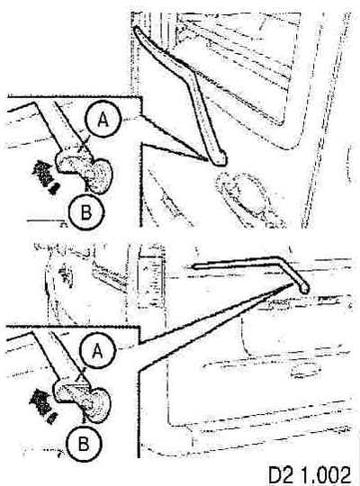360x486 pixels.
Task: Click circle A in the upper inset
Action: [x=103, y=121]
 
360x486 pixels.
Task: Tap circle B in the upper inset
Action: [x=86, y=212]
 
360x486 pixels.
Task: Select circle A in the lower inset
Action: [x=98, y=351]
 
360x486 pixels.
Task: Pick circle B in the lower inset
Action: [x=84, y=444]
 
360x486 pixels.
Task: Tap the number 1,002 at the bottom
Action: [x=325, y=474]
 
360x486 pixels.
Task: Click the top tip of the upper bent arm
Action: [x=136, y=28]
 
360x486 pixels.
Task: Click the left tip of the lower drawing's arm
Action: [x=194, y=265]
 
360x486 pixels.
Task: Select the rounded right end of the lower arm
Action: [x=304, y=289]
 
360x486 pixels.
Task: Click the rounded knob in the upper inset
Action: [x=100, y=176]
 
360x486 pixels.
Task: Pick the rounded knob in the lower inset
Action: [x=99, y=405]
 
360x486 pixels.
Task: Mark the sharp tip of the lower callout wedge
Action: [x=292, y=283]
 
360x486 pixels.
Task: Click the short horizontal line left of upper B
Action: [x=46, y=220]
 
